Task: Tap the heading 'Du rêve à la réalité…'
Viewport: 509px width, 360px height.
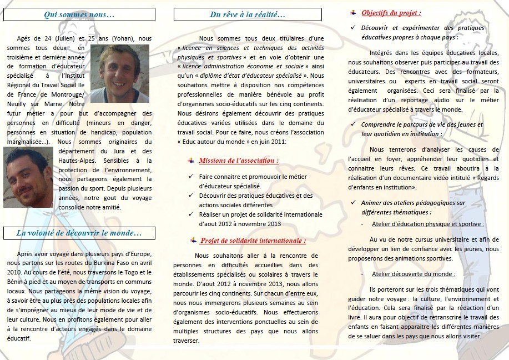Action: tap(248, 14)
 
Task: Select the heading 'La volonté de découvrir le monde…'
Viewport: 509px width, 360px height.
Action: tap(79, 233)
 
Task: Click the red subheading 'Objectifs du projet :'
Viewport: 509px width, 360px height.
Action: tap(391, 12)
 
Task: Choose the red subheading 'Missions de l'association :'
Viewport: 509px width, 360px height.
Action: tap(239, 161)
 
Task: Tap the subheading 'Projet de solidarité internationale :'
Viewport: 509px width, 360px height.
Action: tap(253, 241)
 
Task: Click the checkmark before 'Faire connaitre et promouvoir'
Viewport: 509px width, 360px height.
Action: tap(191, 177)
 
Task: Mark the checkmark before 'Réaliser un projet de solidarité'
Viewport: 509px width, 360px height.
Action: tap(191, 214)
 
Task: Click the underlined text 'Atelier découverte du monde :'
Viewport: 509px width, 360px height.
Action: tap(413, 274)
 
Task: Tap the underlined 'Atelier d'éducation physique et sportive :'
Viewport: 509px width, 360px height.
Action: tap(427, 224)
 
